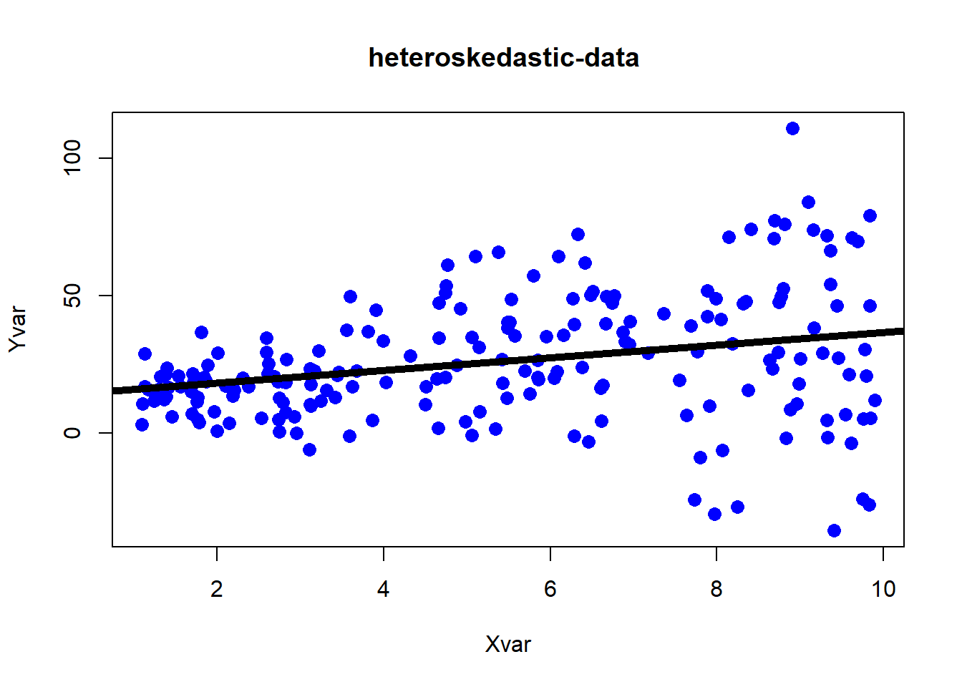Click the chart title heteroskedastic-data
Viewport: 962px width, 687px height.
504,58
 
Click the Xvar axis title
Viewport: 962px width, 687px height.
508,645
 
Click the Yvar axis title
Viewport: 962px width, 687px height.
18,329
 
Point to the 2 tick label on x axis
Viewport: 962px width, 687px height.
217,589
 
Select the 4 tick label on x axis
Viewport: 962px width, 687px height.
384,589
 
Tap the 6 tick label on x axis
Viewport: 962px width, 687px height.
550,589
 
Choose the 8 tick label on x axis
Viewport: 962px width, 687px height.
716,589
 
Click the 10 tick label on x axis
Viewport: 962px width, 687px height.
883,589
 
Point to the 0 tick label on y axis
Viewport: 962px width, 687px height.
72,433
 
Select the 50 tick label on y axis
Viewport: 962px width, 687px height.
72,296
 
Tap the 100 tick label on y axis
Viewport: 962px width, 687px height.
72,158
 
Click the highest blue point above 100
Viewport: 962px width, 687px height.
793,128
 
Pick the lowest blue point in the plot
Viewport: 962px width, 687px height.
834,531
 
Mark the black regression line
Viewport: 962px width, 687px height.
508,361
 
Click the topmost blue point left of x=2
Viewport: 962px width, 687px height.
201,332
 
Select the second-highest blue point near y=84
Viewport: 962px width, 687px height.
808,203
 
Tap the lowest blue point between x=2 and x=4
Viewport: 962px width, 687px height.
310,450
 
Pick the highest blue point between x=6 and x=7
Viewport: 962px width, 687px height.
578,235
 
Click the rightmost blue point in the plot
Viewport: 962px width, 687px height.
875,401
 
